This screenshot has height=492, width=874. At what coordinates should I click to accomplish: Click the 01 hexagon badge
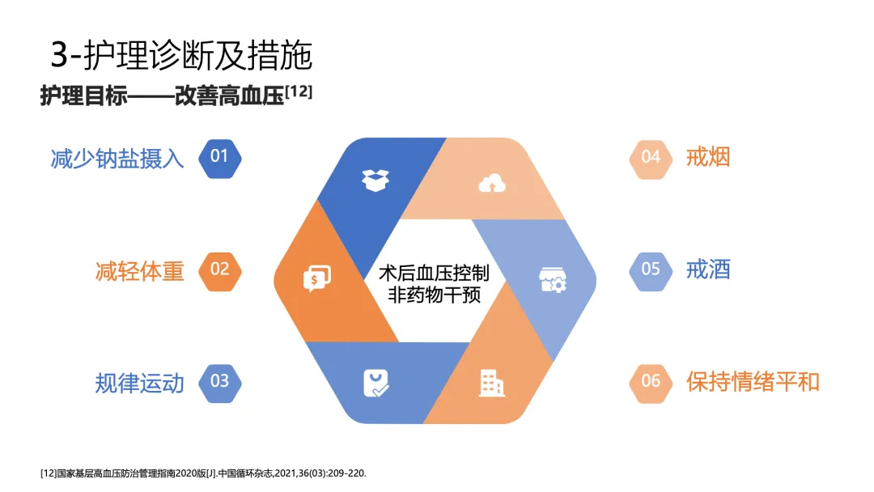[219, 157]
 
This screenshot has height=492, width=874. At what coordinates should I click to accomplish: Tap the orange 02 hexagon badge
[219, 269]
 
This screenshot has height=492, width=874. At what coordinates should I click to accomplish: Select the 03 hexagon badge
[219, 381]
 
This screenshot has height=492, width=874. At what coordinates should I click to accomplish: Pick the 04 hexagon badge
[651, 157]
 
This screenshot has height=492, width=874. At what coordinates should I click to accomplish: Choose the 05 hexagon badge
[651, 269]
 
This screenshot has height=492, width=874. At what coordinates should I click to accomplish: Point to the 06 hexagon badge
[651, 381]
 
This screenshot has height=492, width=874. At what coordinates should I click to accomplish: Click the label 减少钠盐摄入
[117, 158]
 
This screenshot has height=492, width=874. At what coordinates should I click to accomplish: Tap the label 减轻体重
[139, 270]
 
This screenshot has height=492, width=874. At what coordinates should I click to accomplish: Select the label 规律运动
[139, 382]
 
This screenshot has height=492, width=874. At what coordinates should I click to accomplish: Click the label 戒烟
[708, 157]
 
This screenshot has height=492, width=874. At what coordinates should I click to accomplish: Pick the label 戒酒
[708, 269]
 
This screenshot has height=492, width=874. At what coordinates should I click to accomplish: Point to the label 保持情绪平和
[753, 381]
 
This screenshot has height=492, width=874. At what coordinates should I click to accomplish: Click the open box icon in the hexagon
[375, 180]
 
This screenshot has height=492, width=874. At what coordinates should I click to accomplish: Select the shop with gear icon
[553, 280]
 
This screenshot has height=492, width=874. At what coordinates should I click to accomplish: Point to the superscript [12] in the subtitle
[299, 91]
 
